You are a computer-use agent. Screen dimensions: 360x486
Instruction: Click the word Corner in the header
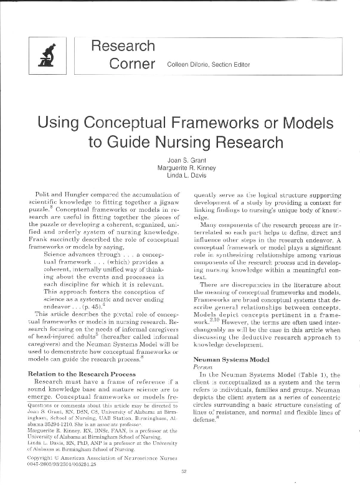(x=131, y=64)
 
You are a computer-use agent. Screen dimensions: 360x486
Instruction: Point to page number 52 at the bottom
(x=184, y=471)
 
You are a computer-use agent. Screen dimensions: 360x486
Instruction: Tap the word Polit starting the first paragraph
(x=44, y=196)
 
